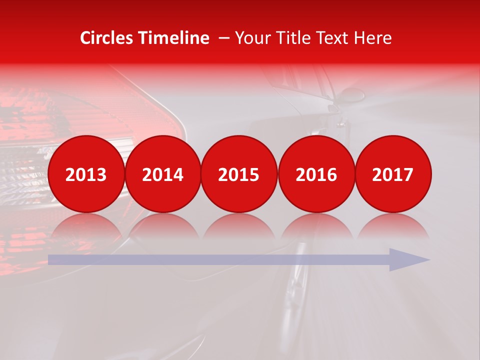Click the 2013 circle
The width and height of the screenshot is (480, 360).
click(x=86, y=174)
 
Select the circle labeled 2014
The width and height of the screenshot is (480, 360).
click(x=163, y=174)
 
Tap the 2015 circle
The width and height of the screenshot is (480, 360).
click(x=239, y=174)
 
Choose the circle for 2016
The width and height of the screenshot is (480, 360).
click(x=316, y=174)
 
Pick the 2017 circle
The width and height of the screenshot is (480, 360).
click(x=393, y=174)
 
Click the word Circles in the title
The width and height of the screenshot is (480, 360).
click(x=106, y=38)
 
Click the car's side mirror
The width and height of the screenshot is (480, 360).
click(x=352, y=94)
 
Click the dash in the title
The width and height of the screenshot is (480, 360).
click(x=224, y=38)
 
